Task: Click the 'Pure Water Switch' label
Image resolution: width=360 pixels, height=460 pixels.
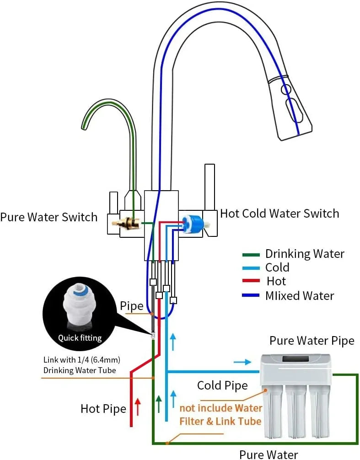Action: point(49,217)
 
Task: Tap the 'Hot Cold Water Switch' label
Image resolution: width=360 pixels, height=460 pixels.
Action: point(279,214)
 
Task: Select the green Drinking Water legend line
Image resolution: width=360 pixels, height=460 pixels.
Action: point(251,254)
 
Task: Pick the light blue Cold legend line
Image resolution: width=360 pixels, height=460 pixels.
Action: point(251,267)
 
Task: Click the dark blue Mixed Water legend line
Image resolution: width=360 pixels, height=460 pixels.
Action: point(251,295)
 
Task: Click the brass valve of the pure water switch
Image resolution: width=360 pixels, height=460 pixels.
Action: point(131,223)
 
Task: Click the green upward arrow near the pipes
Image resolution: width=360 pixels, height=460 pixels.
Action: point(159,404)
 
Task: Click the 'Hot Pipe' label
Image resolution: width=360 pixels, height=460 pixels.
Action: point(103,408)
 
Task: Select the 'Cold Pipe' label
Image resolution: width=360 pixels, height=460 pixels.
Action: point(222,385)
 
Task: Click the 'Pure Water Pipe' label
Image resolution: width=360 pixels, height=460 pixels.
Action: point(312,341)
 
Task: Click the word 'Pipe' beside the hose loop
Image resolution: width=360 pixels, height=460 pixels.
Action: point(132,306)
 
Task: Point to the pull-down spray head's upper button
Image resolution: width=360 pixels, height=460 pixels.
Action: point(286,90)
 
